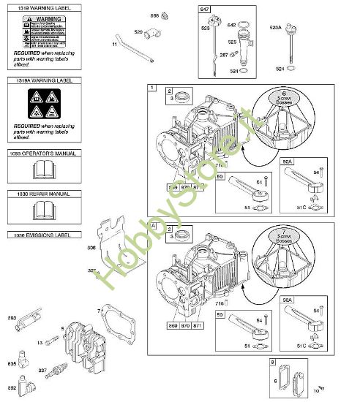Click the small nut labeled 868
coord(165,15)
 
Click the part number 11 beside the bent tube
coord(114,45)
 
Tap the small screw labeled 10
coord(320,387)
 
